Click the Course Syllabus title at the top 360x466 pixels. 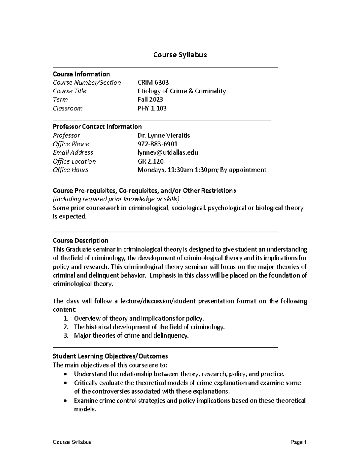click(180, 55)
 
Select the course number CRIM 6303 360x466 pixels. click(153, 83)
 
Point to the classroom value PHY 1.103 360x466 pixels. click(152, 108)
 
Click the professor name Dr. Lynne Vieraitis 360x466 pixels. click(163, 136)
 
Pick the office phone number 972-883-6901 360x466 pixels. click(157, 144)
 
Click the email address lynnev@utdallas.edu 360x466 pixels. click(168, 152)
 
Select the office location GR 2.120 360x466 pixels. click(151, 161)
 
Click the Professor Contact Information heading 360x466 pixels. click(97, 127)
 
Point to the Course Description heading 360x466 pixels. click(80, 241)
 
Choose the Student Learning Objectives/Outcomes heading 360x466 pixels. click(110, 356)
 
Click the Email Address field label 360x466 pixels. click(73, 152)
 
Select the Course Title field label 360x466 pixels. click(70, 91)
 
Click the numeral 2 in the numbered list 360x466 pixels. click(66, 327)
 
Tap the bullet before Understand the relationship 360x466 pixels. click(66, 374)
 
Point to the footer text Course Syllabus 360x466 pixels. click(72, 442)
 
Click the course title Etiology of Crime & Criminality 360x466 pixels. click(181, 91)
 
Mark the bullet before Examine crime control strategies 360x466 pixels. click(66, 401)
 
